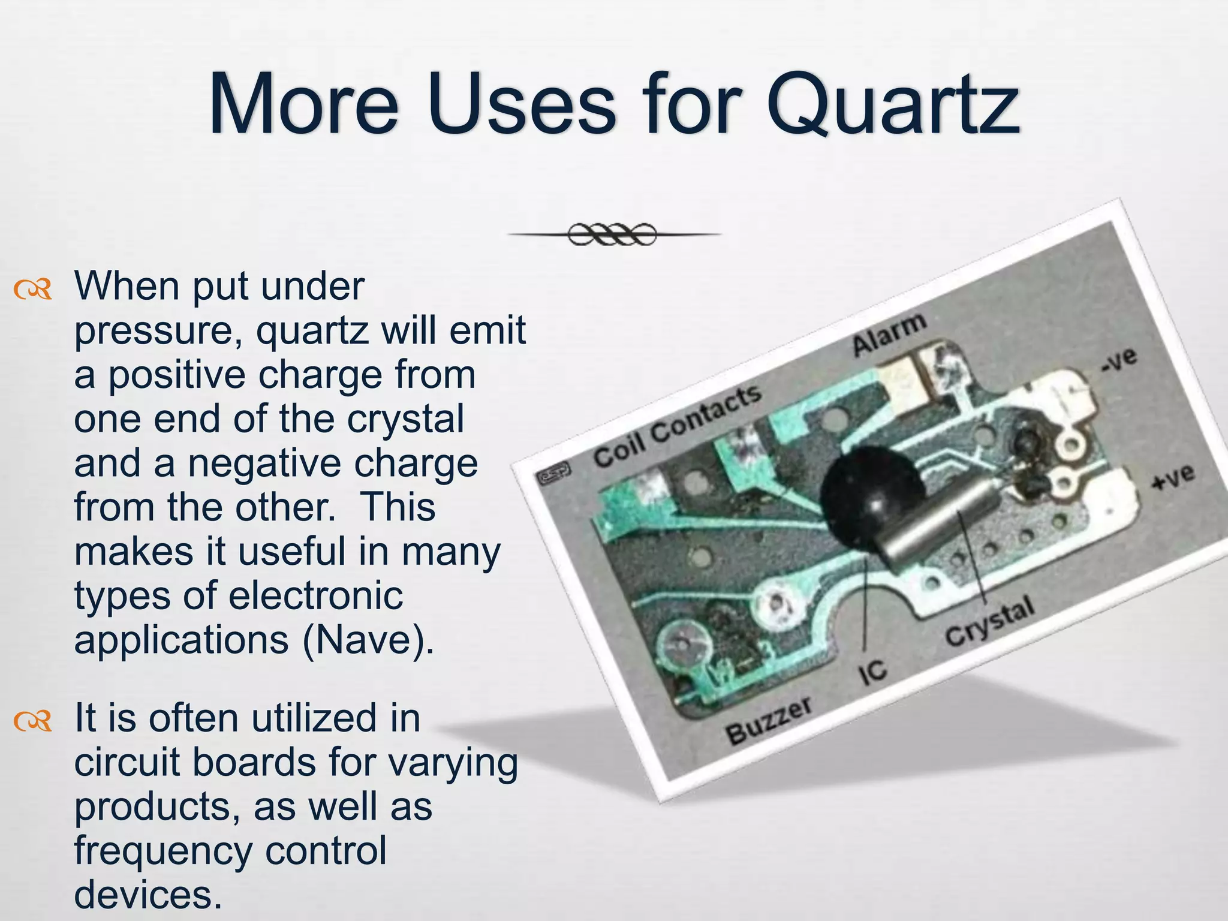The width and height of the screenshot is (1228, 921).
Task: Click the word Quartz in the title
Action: [x=893, y=105]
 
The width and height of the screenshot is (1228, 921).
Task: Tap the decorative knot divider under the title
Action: [x=612, y=234]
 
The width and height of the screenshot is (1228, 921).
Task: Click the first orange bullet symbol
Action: [x=33, y=291]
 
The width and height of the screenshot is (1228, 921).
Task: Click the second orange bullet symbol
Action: [x=33, y=723]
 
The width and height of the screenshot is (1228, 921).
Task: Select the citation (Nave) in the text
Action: [x=368, y=640]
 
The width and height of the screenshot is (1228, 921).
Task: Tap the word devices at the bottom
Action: [x=144, y=895]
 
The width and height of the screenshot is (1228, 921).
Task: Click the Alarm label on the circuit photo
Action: [x=889, y=334]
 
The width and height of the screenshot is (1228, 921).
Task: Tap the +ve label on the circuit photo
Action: [x=1173, y=478]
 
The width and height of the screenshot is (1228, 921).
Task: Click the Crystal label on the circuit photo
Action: [x=990, y=621]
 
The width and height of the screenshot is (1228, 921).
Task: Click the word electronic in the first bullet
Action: [x=315, y=596]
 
